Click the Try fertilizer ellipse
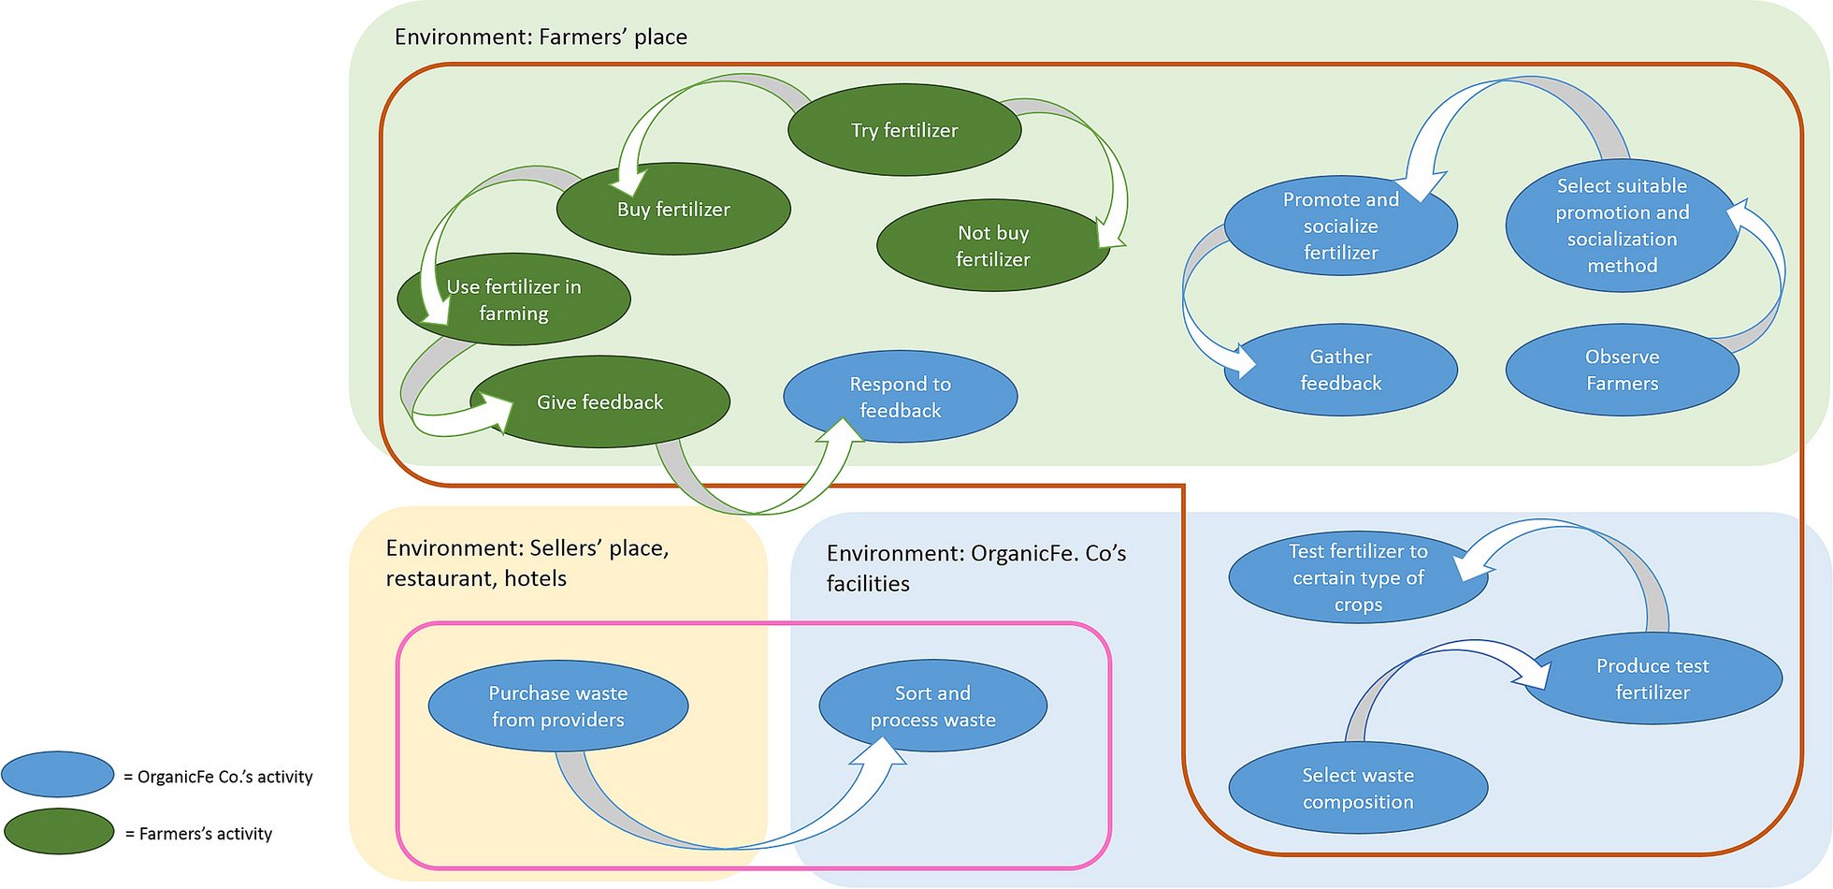coord(904,130)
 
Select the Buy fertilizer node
coord(673,210)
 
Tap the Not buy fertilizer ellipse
coord(992,246)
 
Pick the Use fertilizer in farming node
coord(513,299)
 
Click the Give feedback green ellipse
coord(599,402)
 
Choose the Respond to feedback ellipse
coord(900,397)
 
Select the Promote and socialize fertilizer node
coord(1340,226)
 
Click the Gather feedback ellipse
coord(1340,370)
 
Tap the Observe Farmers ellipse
coord(1622,370)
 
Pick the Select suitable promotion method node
coord(1622,226)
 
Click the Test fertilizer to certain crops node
coord(1358,577)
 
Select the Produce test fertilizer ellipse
coord(1653,679)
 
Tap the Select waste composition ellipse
coord(1358,788)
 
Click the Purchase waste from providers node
coord(557,707)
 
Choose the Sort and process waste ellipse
coord(932,707)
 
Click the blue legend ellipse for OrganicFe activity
coord(58,775)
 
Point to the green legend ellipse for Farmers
coord(59,832)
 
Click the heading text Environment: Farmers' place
coord(541,37)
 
